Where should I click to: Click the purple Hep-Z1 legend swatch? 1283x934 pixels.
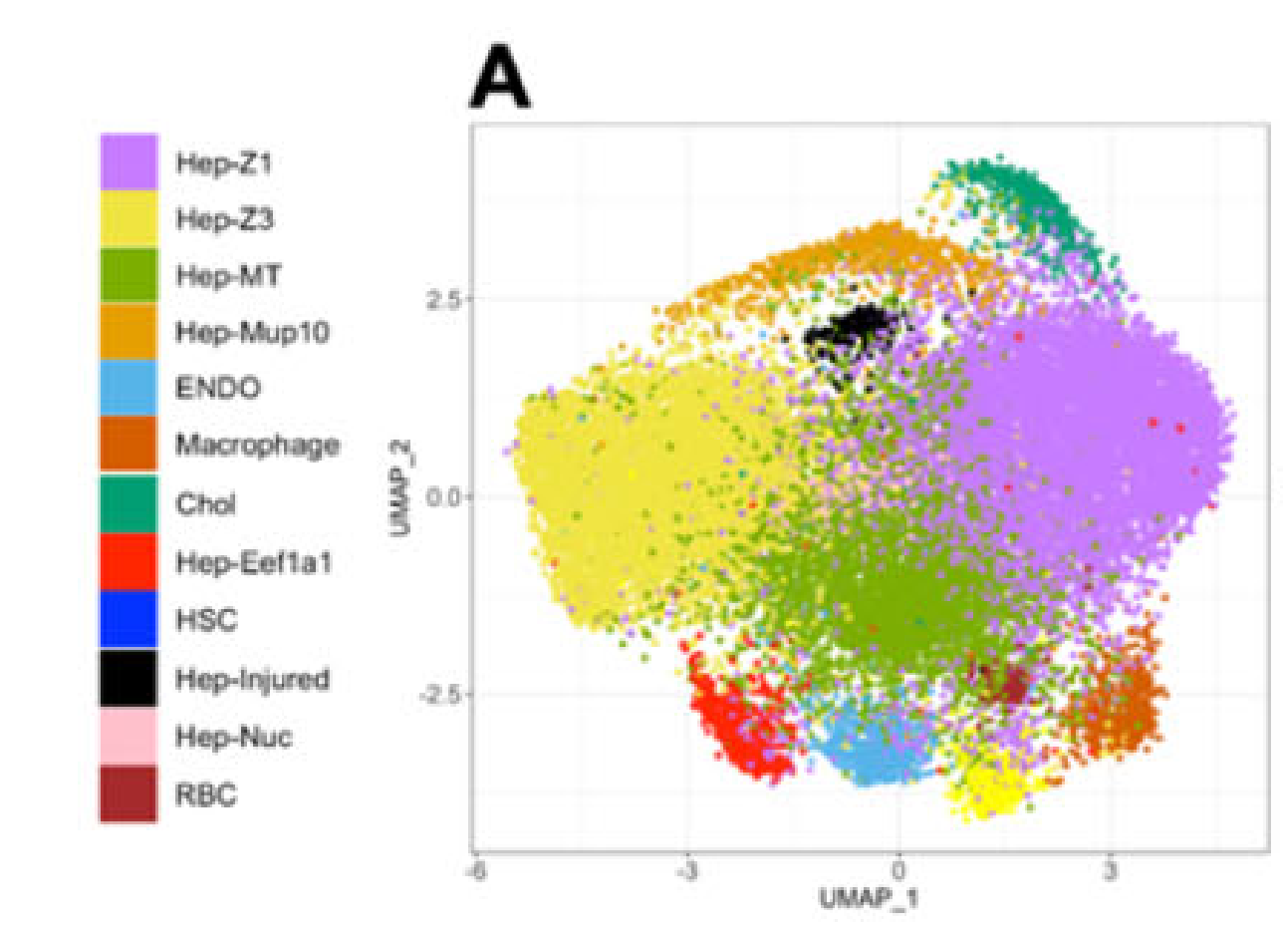pyautogui.click(x=128, y=161)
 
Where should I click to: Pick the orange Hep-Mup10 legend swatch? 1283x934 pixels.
pyautogui.click(x=128, y=334)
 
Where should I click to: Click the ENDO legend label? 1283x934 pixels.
pyautogui.click(x=218, y=389)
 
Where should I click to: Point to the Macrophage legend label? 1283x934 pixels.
pyautogui.click(x=257, y=447)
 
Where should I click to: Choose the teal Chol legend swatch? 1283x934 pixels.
pyautogui.click(x=128, y=504)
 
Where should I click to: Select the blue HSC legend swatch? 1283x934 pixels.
pyautogui.click(x=128, y=620)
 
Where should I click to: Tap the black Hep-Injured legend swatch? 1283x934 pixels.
pyautogui.click(x=128, y=678)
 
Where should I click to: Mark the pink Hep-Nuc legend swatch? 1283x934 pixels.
pyautogui.click(x=128, y=736)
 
